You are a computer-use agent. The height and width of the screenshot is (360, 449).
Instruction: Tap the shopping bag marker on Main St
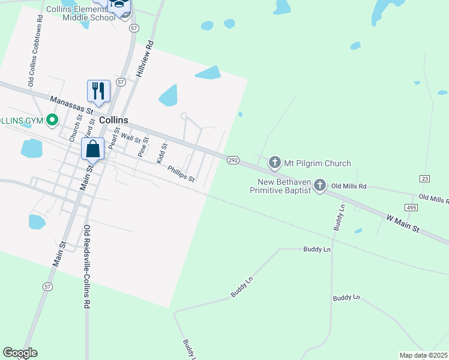(x=93, y=149)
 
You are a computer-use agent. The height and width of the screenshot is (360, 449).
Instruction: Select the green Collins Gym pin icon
(x=52, y=120)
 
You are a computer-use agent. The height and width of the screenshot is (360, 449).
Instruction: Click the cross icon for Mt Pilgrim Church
(x=275, y=162)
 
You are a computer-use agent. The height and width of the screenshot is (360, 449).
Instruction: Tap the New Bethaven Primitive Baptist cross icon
(x=320, y=185)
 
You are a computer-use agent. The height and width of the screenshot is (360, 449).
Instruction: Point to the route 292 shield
(x=234, y=160)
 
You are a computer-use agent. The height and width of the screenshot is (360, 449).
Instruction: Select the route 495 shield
(x=411, y=207)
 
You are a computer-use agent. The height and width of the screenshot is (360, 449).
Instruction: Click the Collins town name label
(x=113, y=120)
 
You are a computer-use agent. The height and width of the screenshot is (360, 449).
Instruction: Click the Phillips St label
(x=181, y=174)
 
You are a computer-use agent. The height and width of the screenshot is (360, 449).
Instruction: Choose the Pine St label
(x=143, y=147)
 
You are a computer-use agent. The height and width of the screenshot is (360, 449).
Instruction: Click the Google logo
(x=20, y=353)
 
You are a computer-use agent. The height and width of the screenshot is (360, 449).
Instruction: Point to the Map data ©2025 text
(x=423, y=355)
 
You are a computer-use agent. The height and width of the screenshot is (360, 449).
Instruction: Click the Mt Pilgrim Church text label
(x=318, y=163)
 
